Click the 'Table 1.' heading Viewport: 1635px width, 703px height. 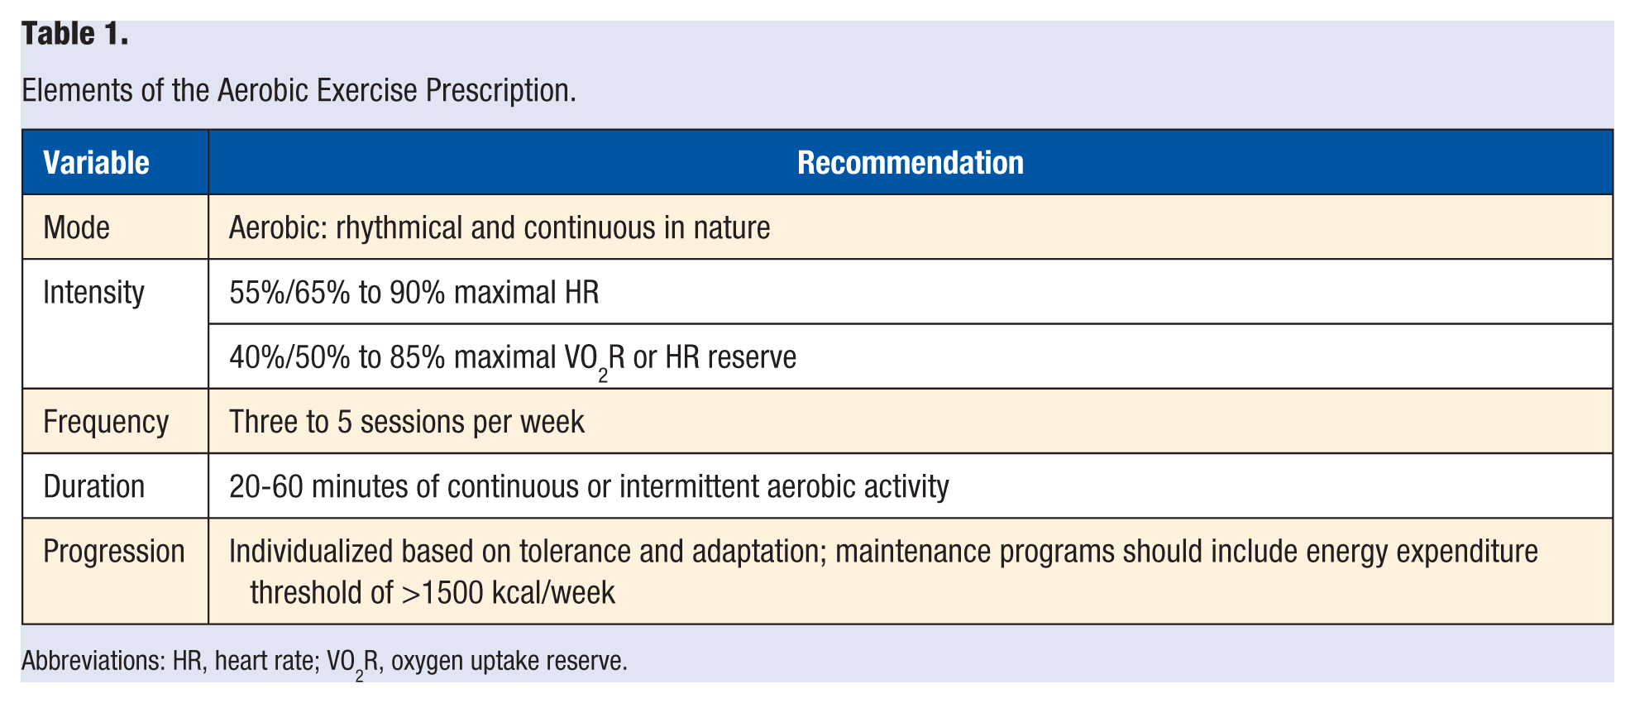(75, 34)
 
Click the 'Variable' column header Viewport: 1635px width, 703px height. (96, 163)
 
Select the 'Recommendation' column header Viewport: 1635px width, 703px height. (911, 163)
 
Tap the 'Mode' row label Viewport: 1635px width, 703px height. (76, 227)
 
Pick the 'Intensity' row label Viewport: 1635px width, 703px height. (93, 293)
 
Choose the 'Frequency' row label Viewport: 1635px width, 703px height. (106, 422)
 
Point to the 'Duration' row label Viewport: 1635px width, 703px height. (94, 486)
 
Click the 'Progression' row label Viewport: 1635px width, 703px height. (114, 552)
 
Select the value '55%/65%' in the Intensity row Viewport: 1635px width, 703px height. (290, 293)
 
